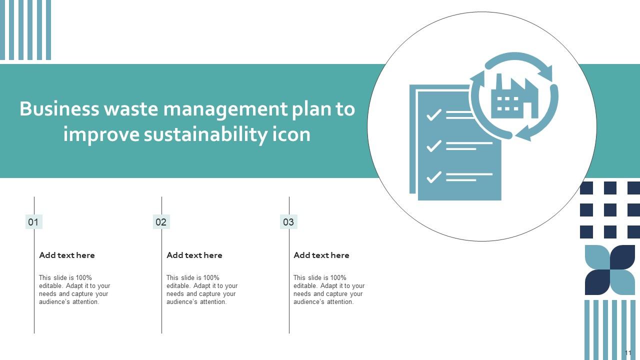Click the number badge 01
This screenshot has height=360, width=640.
(33, 222)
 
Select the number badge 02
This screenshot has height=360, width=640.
(161, 222)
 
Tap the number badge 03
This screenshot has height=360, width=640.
(288, 222)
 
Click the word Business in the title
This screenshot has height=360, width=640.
(59, 109)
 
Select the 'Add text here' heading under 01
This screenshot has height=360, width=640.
(67, 255)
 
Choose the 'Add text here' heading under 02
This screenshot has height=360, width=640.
(194, 255)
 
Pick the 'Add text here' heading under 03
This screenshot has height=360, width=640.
(321, 255)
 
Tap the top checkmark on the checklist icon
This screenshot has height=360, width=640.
(433, 115)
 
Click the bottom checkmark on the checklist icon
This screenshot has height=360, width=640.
(433, 176)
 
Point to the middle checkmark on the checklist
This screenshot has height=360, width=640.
(433, 146)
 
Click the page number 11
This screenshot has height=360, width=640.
(628, 352)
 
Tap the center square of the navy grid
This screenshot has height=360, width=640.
(610, 210)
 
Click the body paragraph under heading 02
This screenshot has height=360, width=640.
(202, 290)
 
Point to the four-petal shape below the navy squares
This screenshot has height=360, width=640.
(610, 270)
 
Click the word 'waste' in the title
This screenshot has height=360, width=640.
(131, 109)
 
